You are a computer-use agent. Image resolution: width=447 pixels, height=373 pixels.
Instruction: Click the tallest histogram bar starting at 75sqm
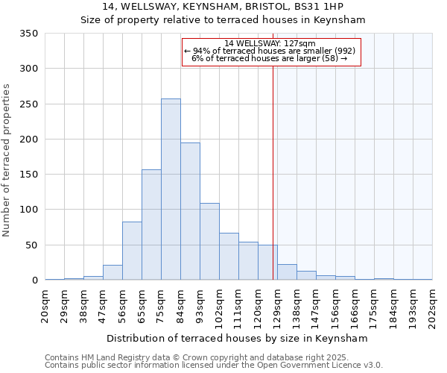(171, 189)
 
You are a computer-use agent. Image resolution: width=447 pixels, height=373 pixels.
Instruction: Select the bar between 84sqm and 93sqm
(190, 211)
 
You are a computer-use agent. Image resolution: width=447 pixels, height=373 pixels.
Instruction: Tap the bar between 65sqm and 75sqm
(151, 225)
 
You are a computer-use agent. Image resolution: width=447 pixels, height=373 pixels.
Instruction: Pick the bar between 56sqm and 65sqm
(132, 251)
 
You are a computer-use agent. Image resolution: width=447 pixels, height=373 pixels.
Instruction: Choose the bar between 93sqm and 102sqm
(209, 242)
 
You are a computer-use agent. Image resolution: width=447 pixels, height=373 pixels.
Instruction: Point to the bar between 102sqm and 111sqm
(229, 257)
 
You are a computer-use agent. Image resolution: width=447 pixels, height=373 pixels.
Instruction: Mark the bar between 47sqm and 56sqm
(112, 273)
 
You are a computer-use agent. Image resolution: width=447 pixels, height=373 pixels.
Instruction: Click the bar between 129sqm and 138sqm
(287, 272)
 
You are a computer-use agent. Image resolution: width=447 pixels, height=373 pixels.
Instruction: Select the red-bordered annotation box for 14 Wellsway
(271, 51)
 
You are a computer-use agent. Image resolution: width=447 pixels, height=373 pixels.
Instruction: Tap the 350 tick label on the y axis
(29, 34)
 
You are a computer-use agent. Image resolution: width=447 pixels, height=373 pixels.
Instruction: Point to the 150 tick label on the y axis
(29, 175)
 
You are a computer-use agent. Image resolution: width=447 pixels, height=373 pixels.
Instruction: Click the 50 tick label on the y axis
(32, 245)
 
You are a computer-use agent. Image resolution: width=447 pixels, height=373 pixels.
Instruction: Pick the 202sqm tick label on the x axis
(433, 306)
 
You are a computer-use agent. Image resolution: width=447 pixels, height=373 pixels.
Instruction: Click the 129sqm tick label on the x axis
(278, 306)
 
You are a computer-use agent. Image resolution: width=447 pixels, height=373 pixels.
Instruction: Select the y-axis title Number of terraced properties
(7, 160)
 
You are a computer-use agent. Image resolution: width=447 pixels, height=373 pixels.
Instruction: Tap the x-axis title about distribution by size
(238, 338)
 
